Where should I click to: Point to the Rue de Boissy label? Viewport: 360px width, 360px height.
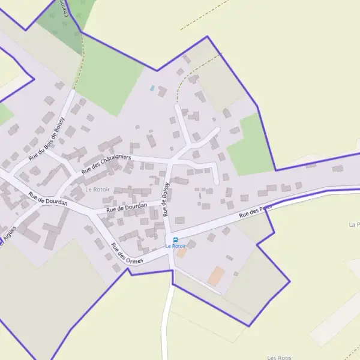[x=165, y=199]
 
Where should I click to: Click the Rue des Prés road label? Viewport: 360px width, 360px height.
[x=256, y=211]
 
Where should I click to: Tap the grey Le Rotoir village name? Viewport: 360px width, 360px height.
[x=97, y=189]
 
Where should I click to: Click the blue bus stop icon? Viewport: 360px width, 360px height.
[x=175, y=239]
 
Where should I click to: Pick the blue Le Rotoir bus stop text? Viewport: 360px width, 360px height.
[x=176, y=246]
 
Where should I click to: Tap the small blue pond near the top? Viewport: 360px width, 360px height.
[x=152, y=88]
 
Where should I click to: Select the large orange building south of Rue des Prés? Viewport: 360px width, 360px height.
[x=216, y=276]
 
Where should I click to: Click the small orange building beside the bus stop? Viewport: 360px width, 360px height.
[x=181, y=253]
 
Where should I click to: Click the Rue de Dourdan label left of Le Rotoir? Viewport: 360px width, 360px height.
[x=48, y=199]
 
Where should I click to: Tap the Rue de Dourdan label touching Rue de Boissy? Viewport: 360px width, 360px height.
[x=127, y=208]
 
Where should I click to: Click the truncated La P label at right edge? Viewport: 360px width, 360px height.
[x=354, y=224]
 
